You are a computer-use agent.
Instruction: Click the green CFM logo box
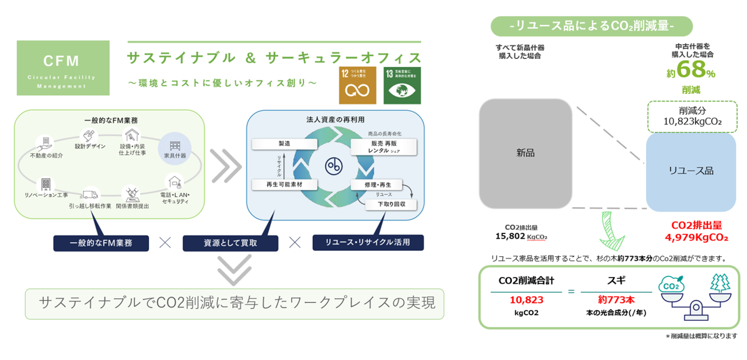pyautogui.click(x=62, y=68)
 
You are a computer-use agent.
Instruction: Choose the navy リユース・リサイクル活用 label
pyautogui.click(x=368, y=242)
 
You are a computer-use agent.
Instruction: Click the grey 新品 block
pyautogui.click(x=525, y=153)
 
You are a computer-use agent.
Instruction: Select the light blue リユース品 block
pyautogui.click(x=691, y=171)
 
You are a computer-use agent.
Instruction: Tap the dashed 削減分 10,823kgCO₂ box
pyautogui.click(x=692, y=116)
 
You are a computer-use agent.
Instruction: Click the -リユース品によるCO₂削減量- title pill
pyautogui.click(x=591, y=26)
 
